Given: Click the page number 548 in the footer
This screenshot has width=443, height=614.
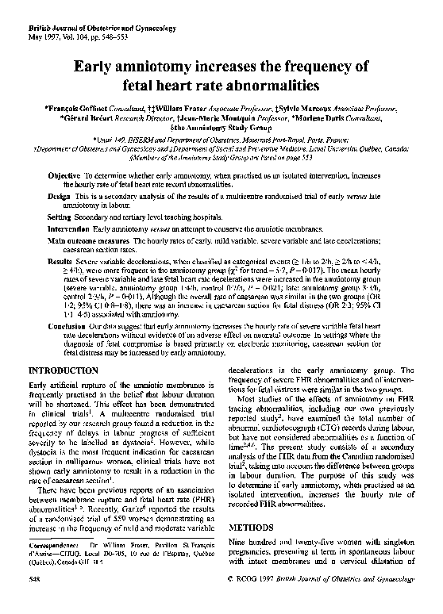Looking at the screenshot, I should tap(34, 601).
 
